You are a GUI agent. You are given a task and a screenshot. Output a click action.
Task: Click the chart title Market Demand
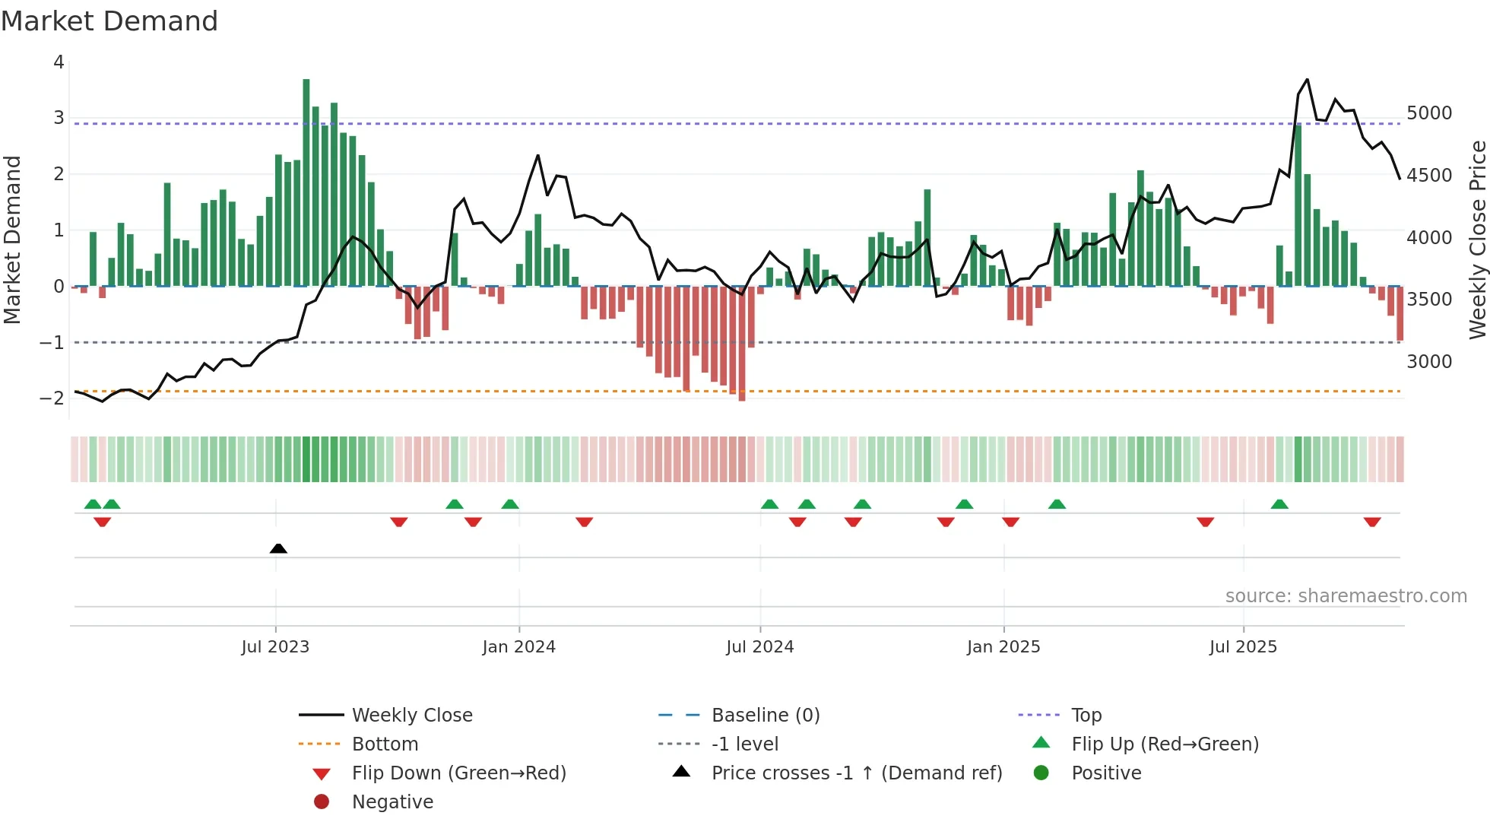(x=109, y=21)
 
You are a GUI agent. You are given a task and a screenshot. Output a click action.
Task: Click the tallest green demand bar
(x=306, y=183)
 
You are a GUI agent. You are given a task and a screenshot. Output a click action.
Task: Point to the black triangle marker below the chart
(x=278, y=548)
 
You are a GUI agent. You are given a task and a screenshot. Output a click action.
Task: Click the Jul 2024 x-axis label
(x=759, y=647)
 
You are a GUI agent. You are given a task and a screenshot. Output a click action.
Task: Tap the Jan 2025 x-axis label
(x=1003, y=647)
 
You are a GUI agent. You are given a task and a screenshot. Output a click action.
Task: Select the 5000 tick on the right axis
(x=1429, y=113)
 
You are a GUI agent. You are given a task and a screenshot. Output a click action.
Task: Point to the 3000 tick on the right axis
(x=1429, y=362)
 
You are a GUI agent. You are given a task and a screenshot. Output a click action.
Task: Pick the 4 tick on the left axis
(x=59, y=62)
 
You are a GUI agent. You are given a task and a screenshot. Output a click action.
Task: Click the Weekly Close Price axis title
(x=1477, y=240)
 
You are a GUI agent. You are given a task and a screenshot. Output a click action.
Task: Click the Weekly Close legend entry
(x=411, y=716)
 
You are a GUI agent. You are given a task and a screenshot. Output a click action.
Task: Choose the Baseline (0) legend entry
(x=765, y=716)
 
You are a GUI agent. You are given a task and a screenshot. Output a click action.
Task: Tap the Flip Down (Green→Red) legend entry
(x=458, y=773)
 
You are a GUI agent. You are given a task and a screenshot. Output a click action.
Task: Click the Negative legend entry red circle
(x=322, y=802)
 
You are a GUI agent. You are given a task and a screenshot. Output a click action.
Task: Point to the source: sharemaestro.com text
(x=1346, y=596)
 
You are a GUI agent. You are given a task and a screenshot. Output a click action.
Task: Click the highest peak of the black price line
(x=1307, y=79)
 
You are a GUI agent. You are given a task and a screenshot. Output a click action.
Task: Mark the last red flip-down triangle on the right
(x=1372, y=522)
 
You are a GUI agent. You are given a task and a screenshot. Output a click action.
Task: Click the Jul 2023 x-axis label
(x=275, y=647)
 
